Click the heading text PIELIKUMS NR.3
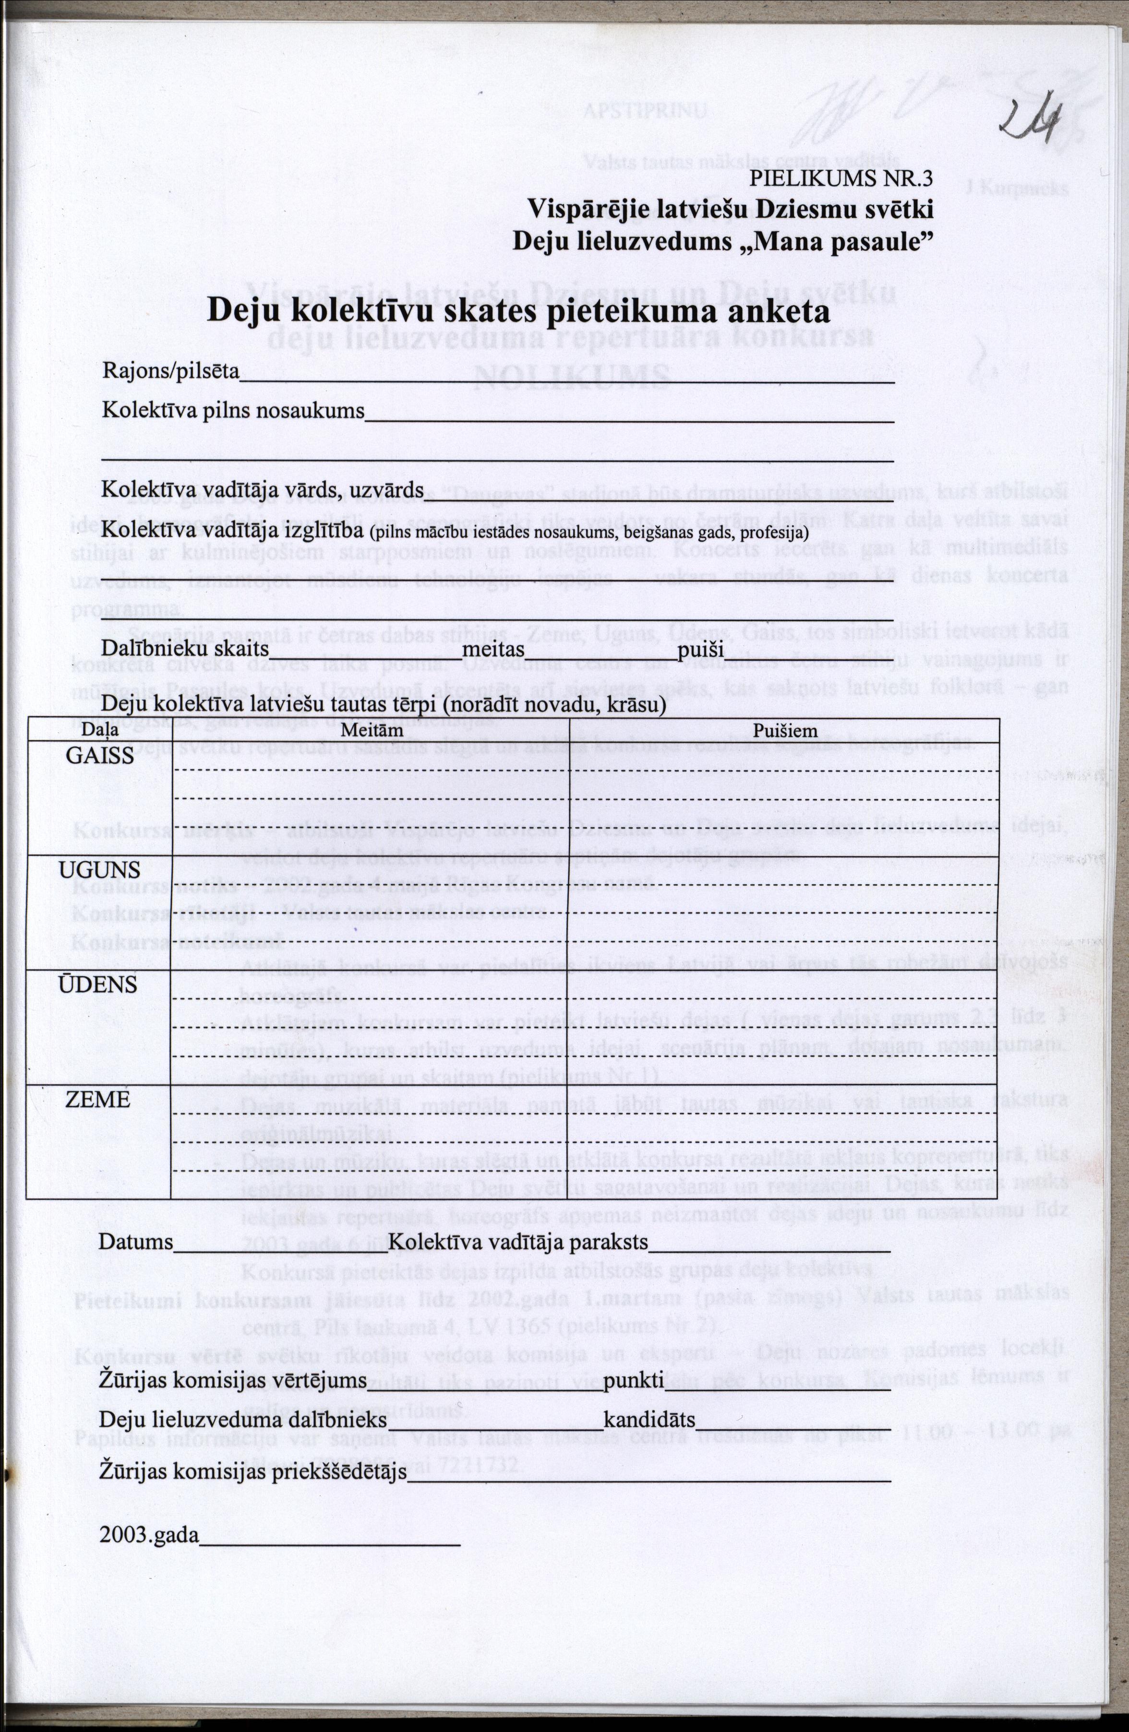click(841, 179)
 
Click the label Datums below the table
click(137, 1242)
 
